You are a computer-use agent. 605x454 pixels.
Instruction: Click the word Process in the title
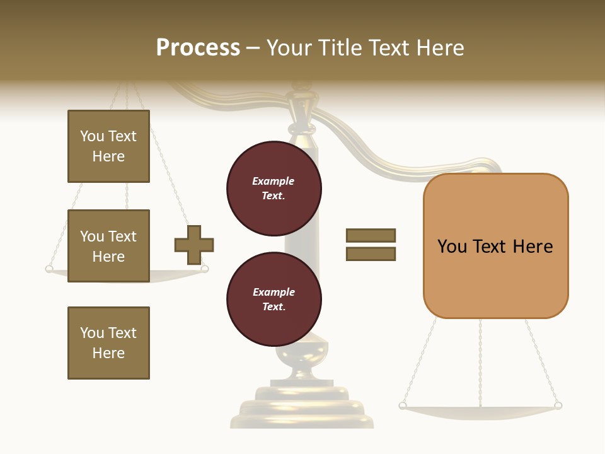click(x=198, y=48)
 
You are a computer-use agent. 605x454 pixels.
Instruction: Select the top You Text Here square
click(x=108, y=146)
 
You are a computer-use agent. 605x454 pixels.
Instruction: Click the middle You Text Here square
click(x=108, y=246)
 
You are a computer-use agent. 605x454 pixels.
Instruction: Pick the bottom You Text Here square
click(x=108, y=343)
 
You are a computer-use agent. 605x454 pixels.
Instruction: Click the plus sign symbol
click(x=194, y=245)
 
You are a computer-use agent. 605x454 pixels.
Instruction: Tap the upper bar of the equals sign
click(x=371, y=235)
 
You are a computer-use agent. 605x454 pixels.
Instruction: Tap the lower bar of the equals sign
click(x=371, y=254)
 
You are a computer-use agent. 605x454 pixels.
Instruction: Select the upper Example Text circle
click(x=274, y=188)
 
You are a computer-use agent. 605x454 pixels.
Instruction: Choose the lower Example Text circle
click(x=274, y=299)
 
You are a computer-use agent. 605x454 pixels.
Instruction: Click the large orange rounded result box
click(x=495, y=246)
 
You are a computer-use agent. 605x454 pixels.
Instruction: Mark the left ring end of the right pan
click(x=403, y=405)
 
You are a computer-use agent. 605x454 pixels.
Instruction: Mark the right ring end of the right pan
click(x=558, y=405)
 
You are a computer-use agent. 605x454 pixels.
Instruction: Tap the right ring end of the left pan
click(x=204, y=269)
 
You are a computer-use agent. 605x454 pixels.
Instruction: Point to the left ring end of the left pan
click(x=49, y=269)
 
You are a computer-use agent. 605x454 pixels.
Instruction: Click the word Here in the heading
click(x=439, y=48)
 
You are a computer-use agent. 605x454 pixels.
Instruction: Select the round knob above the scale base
click(x=302, y=353)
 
